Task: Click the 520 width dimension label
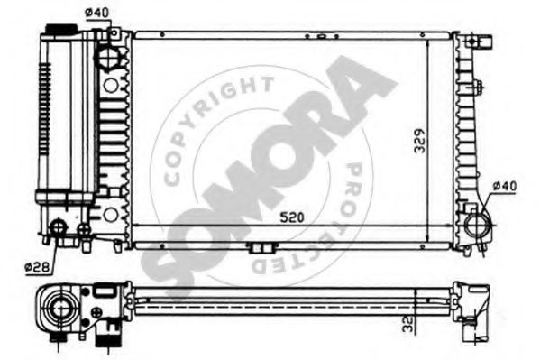(292, 217)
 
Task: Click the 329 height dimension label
(419, 141)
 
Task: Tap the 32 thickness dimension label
(408, 324)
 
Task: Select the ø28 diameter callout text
(37, 267)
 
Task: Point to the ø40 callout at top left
(96, 13)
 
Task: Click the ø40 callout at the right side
(505, 187)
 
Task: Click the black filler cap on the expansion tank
(61, 29)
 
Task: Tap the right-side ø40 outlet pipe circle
(477, 225)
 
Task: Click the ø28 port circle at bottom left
(59, 226)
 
